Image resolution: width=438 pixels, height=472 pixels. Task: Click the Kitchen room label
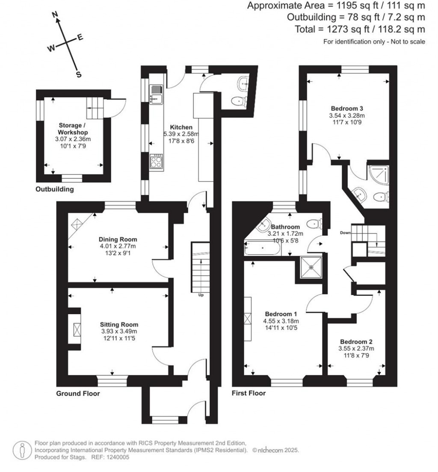coord(181,127)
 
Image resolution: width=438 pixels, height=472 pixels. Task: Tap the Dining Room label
coord(118,239)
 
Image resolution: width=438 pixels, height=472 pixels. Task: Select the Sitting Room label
coord(119,324)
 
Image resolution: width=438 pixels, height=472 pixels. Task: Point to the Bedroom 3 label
coord(347,108)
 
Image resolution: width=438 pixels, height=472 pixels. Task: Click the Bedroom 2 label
coord(356,342)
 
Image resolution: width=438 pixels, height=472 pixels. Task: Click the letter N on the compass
coord(55,15)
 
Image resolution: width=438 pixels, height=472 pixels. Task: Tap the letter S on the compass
coord(79,74)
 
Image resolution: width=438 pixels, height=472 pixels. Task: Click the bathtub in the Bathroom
coord(263,248)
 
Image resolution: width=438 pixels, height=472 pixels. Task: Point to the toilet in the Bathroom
coord(314,223)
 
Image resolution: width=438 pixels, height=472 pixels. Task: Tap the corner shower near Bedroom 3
coord(378,175)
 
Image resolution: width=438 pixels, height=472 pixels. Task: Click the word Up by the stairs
coord(201,295)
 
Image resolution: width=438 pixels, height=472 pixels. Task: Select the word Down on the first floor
coord(346,233)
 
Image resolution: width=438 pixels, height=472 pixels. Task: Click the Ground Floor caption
coord(78,393)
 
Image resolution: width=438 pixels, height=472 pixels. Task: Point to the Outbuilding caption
coord(54,189)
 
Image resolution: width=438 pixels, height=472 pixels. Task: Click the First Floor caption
coord(249,393)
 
